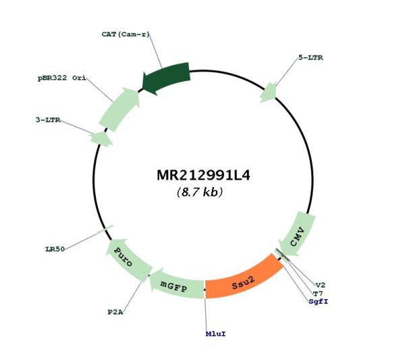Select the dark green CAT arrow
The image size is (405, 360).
(x=167, y=78)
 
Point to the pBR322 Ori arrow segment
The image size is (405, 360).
(x=119, y=109)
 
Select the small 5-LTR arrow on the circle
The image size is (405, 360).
(x=269, y=93)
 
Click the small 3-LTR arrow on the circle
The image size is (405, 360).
(x=101, y=139)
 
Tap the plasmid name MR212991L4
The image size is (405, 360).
(x=204, y=175)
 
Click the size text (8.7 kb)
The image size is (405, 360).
(x=200, y=192)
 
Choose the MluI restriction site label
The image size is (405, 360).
(x=216, y=334)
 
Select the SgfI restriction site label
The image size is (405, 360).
(x=319, y=302)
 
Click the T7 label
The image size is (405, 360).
(x=318, y=294)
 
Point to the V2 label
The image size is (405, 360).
(x=321, y=285)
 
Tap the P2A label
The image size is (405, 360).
(x=115, y=312)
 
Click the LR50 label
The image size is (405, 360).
(x=55, y=249)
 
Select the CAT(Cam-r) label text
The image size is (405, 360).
(x=126, y=34)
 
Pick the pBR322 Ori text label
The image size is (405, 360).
(x=62, y=78)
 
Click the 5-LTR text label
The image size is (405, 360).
(x=310, y=57)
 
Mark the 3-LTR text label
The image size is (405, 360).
(x=48, y=120)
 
